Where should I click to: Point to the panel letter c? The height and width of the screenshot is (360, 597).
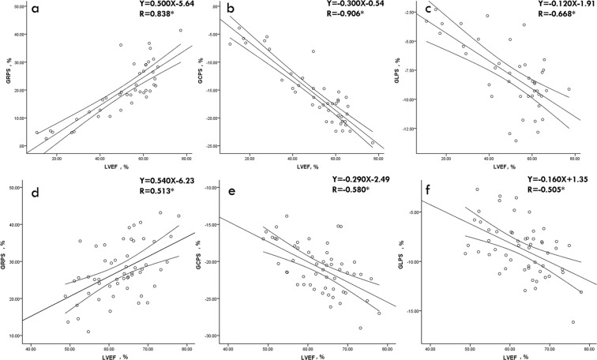tap(430, 12)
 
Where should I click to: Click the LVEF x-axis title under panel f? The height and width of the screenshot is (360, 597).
tap(508, 350)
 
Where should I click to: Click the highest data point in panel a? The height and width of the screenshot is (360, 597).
tap(180, 31)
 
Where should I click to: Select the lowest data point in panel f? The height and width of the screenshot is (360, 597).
tap(573, 321)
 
